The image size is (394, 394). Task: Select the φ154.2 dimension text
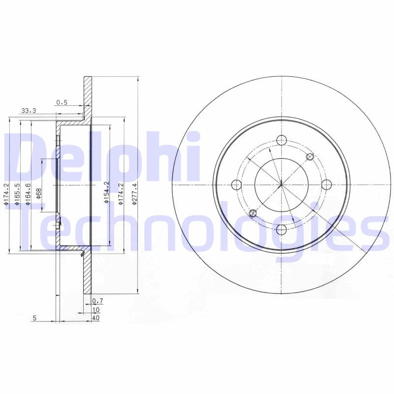click(106, 193)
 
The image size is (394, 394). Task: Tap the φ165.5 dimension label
click(17, 193)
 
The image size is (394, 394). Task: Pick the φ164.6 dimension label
click(28, 193)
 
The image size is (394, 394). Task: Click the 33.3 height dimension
click(29, 111)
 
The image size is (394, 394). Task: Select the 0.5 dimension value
click(62, 102)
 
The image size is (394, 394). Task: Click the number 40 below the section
click(96, 318)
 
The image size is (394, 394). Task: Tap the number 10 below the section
click(96, 309)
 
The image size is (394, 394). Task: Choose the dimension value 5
click(34, 318)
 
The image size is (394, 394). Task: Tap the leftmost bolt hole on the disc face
click(236, 185)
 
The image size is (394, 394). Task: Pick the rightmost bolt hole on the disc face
click(326, 184)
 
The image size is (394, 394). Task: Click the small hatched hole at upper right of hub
click(310, 157)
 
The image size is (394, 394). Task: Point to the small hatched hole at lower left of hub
click(253, 213)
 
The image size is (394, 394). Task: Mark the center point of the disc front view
click(281, 185)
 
